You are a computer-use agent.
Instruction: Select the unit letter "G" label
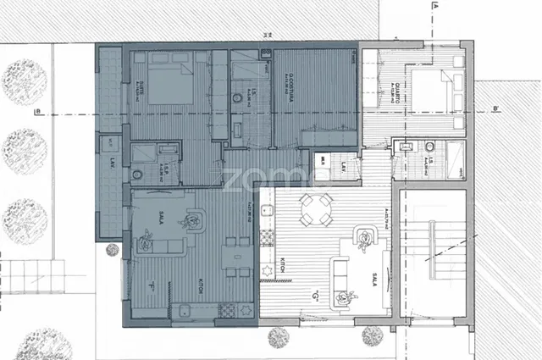pos(315,296)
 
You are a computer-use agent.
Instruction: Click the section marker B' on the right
pos(495,108)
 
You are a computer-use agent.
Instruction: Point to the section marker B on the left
pos(37,111)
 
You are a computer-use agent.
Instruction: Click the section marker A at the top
pos(434,6)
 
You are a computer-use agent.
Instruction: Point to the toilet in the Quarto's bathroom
pos(406,149)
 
